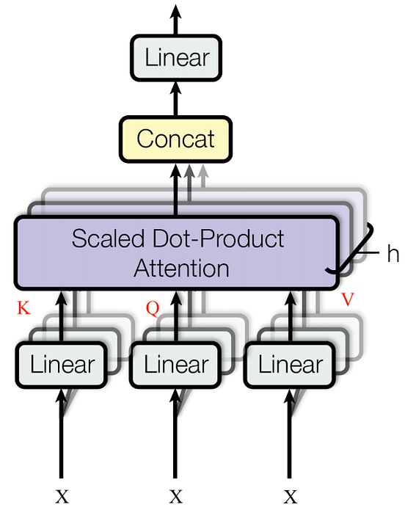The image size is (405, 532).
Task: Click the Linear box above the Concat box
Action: [x=176, y=58]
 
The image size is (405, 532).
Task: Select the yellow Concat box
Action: [x=176, y=139]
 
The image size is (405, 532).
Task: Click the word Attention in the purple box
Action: [x=180, y=268]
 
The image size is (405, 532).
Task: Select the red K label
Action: [x=23, y=308]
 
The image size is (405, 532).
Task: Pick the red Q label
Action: [x=152, y=308]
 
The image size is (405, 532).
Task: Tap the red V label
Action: [x=349, y=301]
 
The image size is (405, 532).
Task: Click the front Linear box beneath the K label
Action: [x=62, y=365]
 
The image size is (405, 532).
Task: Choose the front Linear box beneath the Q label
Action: [x=176, y=365]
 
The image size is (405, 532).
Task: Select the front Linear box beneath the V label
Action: [x=291, y=365]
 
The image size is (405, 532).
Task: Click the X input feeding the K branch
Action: [x=62, y=498]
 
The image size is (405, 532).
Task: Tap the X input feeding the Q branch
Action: [x=176, y=498]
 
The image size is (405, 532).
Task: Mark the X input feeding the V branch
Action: [x=291, y=498]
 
